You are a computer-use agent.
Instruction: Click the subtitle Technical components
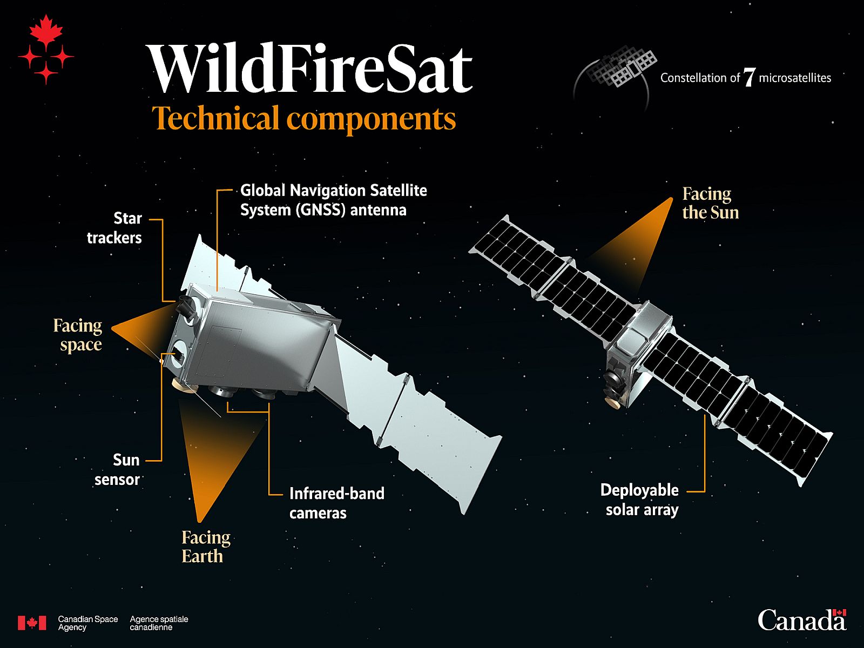tap(304, 118)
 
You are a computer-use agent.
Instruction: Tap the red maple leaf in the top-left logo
tap(46, 30)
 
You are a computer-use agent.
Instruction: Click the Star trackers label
tap(114, 228)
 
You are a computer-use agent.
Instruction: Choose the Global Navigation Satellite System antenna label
tap(333, 200)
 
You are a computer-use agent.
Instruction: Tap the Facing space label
tap(78, 335)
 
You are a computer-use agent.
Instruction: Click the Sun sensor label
tap(117, 470)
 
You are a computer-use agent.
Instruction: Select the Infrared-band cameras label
tap(336, 503)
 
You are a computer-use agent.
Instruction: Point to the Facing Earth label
tap(206, 546)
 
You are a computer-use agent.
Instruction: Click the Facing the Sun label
tap(710, 203)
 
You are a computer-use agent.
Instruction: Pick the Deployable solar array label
tap(640, 500)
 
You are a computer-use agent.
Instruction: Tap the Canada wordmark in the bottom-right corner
tap(801, 620)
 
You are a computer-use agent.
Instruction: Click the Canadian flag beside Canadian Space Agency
tap(32, 623)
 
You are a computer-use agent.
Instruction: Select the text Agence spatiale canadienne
tap(159, 623)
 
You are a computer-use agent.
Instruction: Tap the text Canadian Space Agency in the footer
tap(87, 623)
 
